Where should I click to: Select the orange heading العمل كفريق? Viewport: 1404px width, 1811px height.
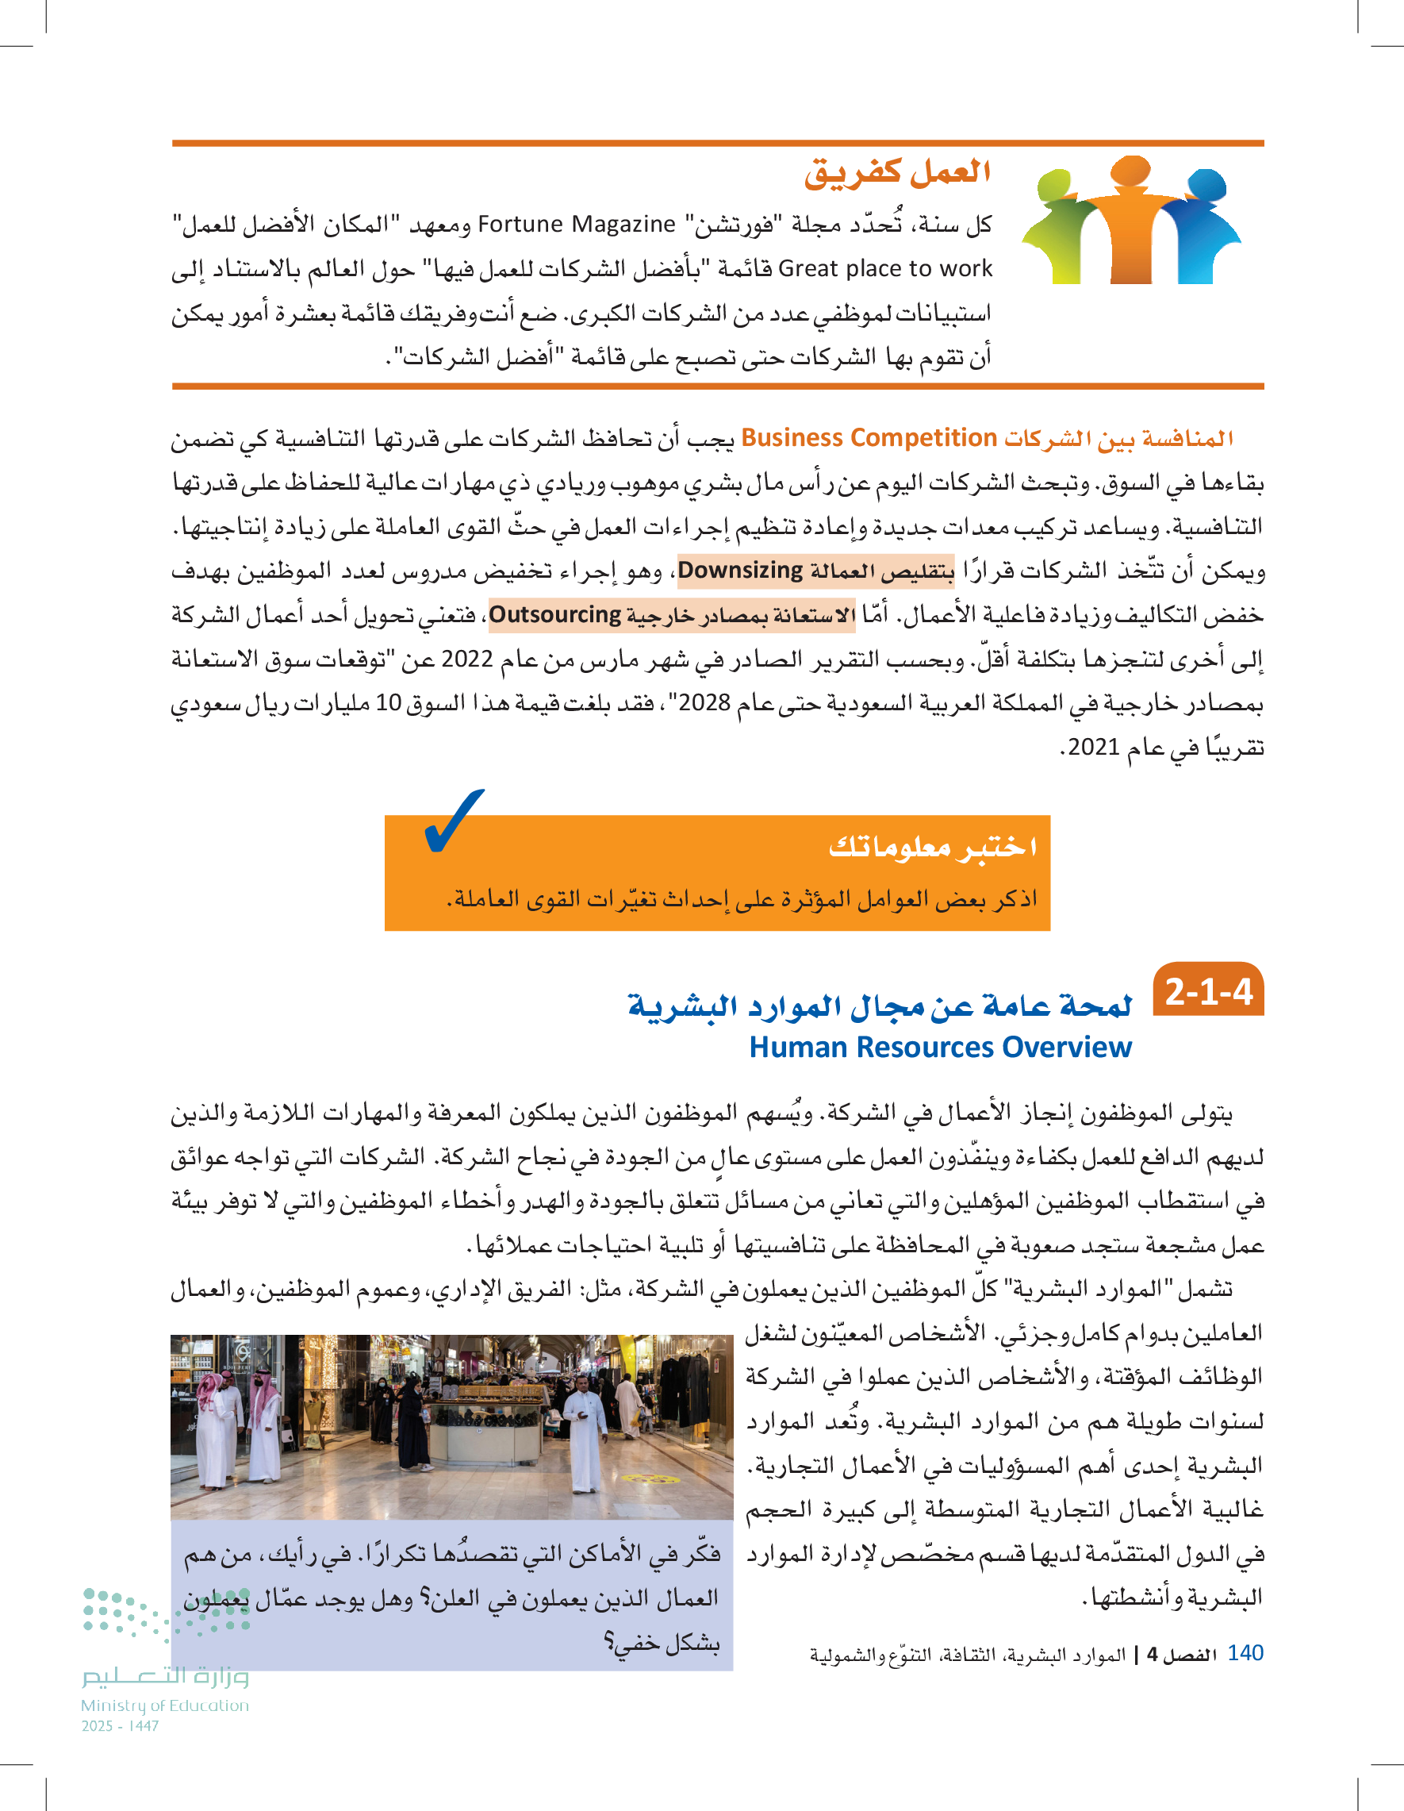897,171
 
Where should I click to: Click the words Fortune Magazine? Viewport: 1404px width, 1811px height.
577,225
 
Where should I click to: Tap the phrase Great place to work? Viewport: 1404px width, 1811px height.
885,269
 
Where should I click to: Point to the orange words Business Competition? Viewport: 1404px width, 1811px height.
869,438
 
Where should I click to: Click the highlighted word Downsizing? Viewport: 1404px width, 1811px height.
740,571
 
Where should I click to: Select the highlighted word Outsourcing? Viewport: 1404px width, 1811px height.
554,614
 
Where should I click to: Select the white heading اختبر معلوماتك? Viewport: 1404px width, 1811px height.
932,847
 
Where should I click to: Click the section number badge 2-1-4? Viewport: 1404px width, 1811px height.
1207,992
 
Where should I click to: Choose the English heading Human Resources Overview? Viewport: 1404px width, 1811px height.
940,1048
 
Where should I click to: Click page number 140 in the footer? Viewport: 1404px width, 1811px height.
1245,1652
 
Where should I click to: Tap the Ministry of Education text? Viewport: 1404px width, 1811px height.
165,1705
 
